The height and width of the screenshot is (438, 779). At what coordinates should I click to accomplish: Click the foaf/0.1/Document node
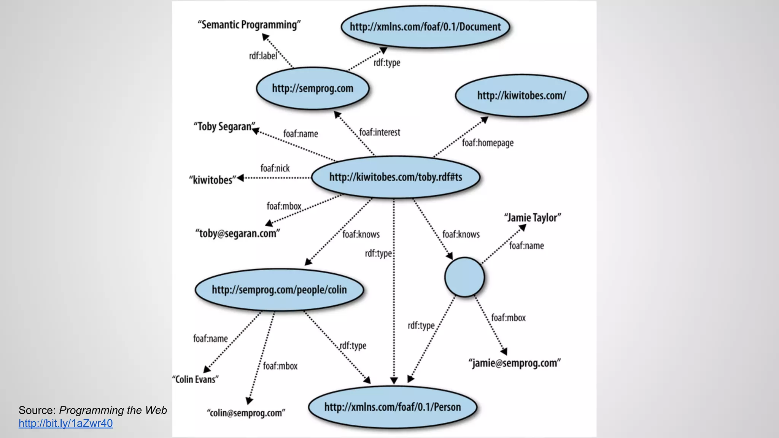point(425,27)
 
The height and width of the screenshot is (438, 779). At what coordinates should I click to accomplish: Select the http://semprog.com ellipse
point(313,88)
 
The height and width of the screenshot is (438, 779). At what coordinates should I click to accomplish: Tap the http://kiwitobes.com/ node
point(521,95)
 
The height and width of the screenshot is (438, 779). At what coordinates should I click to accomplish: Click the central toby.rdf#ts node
point(396,177)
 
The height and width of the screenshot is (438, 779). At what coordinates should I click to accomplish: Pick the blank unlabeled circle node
point(464,277)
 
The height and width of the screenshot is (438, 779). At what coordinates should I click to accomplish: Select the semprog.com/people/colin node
point(279,290)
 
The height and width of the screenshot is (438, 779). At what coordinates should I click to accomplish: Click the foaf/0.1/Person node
point(392,407)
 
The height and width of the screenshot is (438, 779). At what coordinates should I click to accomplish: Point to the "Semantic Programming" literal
point(249,25)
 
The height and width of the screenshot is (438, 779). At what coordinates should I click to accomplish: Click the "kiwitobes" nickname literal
point(213,180)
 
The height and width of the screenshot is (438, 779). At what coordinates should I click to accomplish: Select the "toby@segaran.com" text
point(238,233)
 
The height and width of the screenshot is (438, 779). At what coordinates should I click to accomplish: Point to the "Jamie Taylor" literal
point(533,217)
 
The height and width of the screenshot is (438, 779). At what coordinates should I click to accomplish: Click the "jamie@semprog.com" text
point(515,363)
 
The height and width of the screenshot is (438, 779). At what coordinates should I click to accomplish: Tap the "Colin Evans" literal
point(196,379)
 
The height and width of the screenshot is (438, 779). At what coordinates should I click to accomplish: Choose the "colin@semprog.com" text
point(246,413)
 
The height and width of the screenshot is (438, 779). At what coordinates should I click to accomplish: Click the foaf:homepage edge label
point(488,143)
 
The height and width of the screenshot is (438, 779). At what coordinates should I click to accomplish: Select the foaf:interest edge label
point(380,132)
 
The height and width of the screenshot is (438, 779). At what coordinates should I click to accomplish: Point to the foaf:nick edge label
point(275,168)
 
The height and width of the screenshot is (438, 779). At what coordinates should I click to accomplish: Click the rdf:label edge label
point(263,56)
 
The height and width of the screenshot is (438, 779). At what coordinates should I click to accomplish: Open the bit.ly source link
point(66,423)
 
